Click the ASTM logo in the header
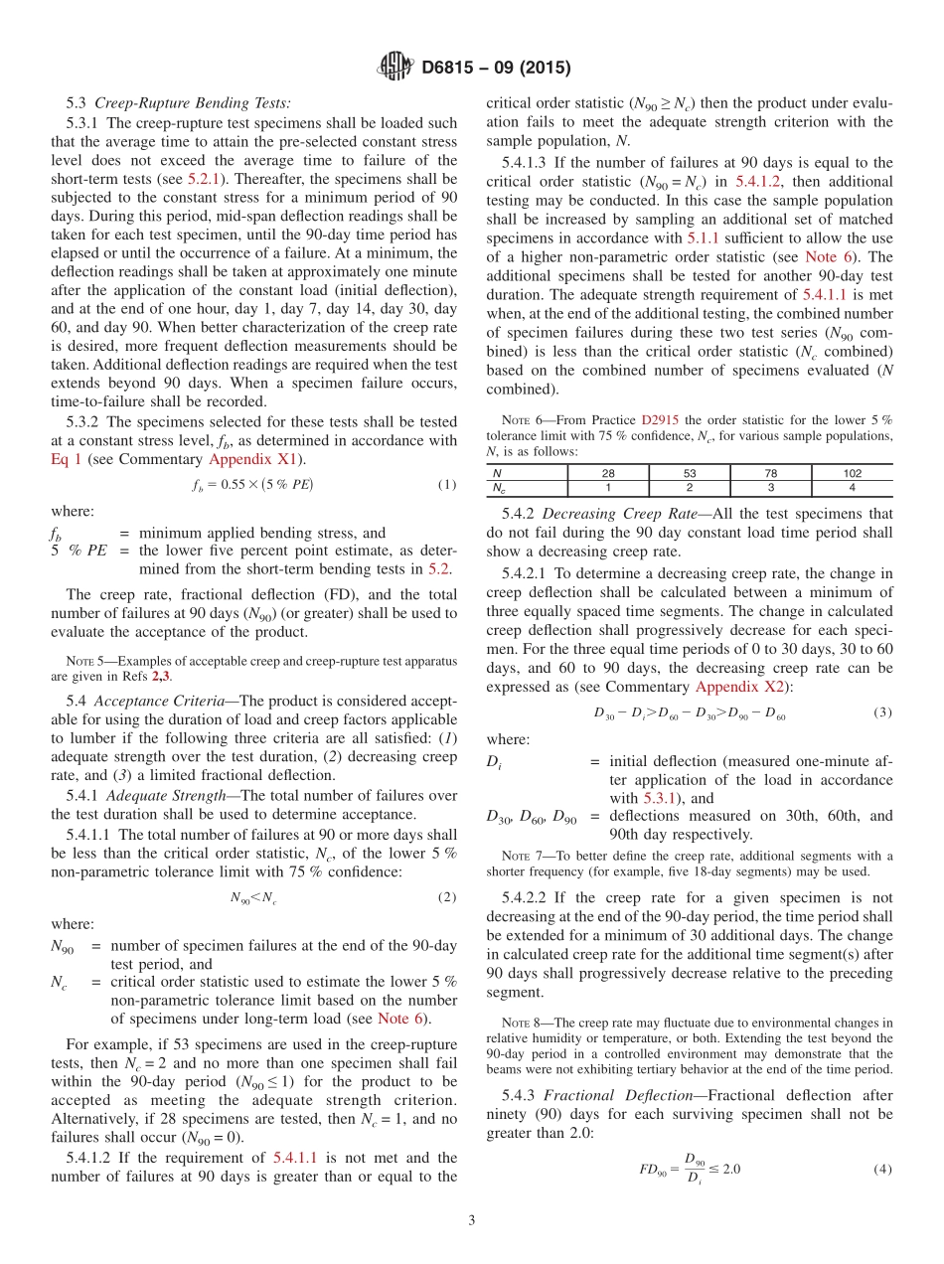click(396, 68)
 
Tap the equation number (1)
click(446, 484)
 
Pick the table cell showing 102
click(852, 474)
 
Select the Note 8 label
click(515, 1023)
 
